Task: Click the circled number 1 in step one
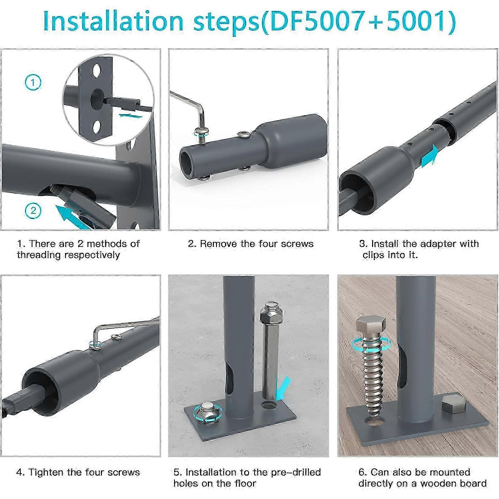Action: [33, 83]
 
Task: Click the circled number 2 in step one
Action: [33, 211]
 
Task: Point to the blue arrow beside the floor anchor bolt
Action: [283, 388]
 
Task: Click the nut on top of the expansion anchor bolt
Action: [271, 312]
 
